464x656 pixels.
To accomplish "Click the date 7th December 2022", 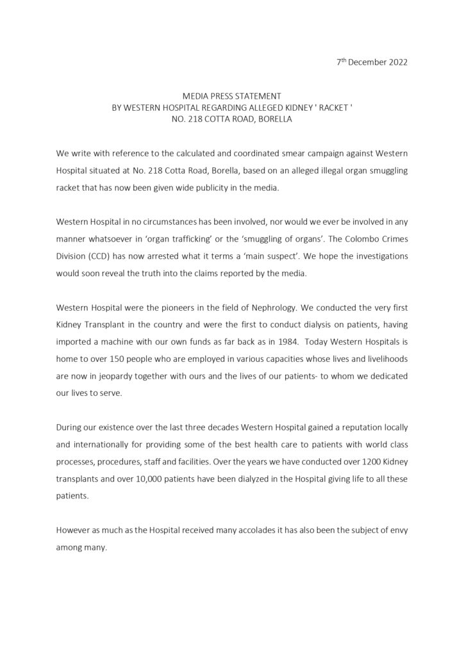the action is click(372, 63).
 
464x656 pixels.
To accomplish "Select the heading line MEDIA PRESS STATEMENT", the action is click(232, 96).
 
